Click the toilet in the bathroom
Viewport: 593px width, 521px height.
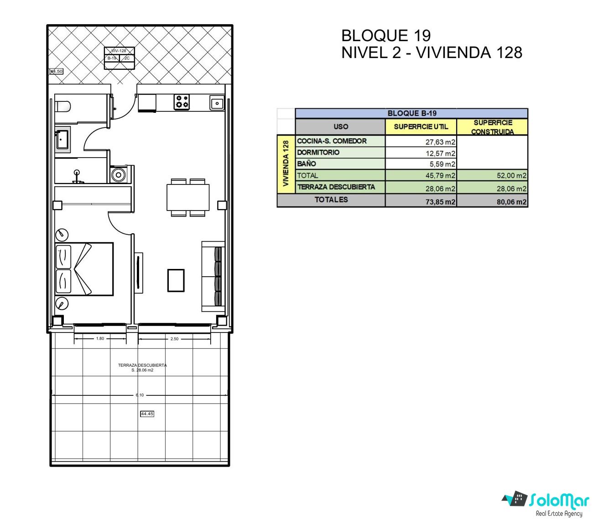[62, 106]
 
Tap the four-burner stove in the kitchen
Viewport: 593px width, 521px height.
[182, 101]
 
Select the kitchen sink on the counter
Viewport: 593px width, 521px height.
[217, 103]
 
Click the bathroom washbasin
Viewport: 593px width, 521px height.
[62, 139]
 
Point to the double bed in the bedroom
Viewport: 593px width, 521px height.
[84, 268]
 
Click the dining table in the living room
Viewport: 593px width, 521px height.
[188, 197]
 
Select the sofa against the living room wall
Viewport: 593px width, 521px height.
[213, 276]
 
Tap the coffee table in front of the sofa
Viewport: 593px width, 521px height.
[176, 280]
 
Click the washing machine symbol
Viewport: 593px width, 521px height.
[119, 175]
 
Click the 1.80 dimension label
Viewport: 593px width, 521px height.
[100, 338]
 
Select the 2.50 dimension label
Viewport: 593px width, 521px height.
[174, 339]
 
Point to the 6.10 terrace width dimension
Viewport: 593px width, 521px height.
[140, 395]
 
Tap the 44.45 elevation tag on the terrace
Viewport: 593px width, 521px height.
[147, 414]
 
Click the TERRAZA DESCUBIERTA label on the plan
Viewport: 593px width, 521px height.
[142, 365]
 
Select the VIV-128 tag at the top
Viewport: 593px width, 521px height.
[119, 51]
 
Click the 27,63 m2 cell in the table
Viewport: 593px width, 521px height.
[440, 142]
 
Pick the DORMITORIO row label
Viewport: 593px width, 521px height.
[318, 153]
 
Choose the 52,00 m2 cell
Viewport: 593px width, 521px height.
[511, 175]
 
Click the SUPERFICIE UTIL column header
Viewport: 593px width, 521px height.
[421, 126]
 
